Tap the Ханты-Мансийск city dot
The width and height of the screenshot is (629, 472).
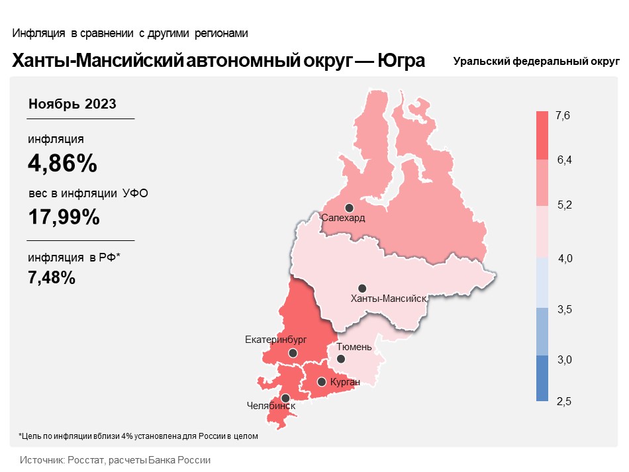(362, 288)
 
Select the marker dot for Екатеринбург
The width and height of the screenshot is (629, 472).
(293, 354)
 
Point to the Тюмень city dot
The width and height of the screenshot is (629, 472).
(340, 359)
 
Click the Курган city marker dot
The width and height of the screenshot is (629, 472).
(322, 381)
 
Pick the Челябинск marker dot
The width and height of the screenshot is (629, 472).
(285, 398)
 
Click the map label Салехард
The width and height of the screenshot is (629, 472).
(343, 218)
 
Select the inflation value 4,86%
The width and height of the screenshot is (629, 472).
(62, 163)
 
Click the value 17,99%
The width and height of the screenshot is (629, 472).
(64, 216)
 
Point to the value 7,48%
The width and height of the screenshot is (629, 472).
(52, 278)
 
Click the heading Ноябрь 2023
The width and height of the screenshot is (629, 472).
(73, 104)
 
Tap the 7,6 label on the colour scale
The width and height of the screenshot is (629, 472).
(563, 117)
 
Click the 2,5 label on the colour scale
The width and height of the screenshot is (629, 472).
(563, 401)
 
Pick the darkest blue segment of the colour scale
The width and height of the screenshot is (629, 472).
(542, 378)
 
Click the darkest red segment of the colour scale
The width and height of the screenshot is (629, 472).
(542, 136)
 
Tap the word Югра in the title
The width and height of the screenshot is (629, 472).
(401, 61)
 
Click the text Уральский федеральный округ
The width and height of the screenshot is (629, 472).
(536, 62)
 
